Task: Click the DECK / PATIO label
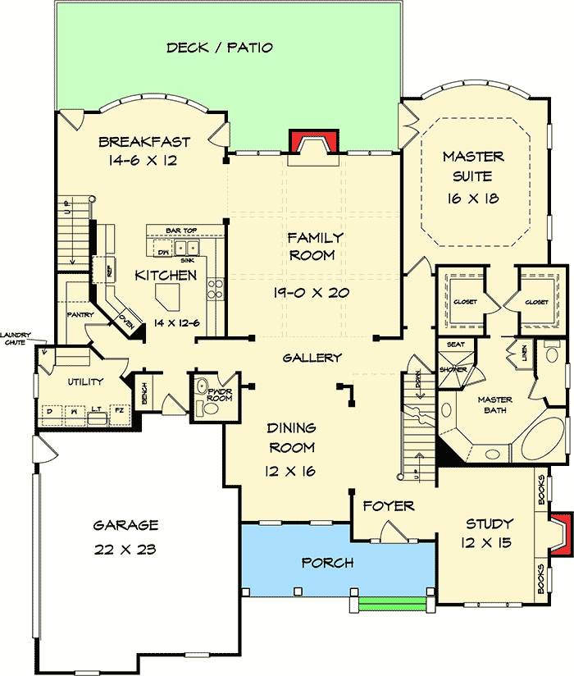[x=219, y=48]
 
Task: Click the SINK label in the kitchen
[x=198, y=258]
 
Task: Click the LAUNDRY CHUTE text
[x=16, y=338]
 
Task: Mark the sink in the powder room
[x=202, y=386]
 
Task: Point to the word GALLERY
[x=312, y=358]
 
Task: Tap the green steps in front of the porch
[x=393, y=605]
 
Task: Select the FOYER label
[x=389, y=506]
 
